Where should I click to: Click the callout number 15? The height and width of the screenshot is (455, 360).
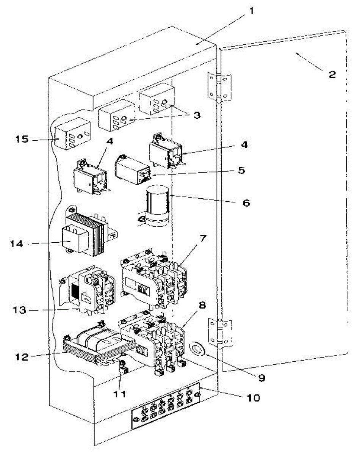click(22, 139)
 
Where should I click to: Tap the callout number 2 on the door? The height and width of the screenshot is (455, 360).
click(332, 74)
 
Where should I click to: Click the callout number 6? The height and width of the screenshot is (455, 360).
click(246, 203)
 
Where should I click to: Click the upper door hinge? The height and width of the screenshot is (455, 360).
click(220, 87)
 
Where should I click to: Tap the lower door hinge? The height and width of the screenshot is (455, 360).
click(220, 333)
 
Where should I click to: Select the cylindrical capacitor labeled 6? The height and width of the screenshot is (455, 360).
click(156, 205)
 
